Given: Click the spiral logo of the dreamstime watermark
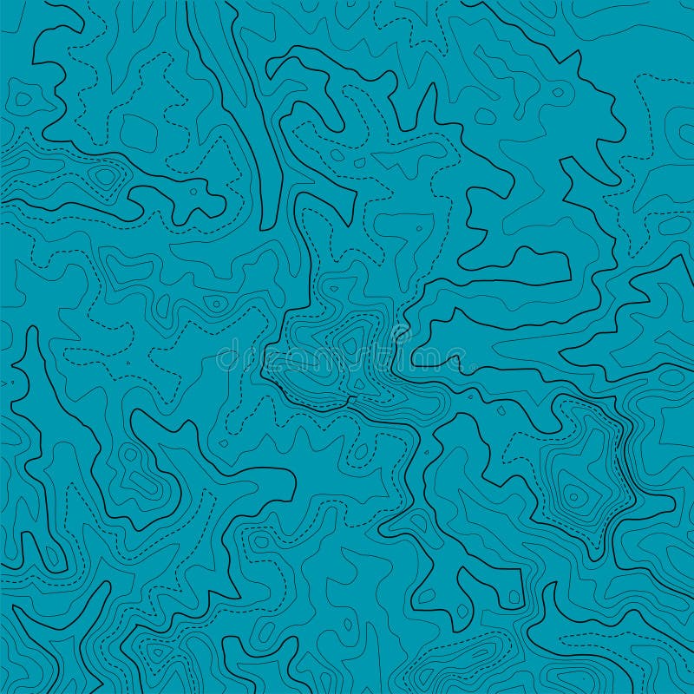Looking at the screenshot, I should (x=400, y=335).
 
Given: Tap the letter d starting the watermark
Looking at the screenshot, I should (x=225, y=357).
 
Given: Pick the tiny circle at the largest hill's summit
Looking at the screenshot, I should (x=572, y=495).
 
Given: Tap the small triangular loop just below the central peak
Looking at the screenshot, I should (x=358, y=382).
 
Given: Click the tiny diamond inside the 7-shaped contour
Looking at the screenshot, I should (x=418, y=229).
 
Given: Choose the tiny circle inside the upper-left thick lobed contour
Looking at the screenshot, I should (x=189, y=188).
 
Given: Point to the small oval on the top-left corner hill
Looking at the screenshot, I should (x=23, y=99).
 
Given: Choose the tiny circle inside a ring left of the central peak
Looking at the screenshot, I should (x=215, y=304).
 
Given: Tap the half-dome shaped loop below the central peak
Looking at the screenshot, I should (x=359, y=452).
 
